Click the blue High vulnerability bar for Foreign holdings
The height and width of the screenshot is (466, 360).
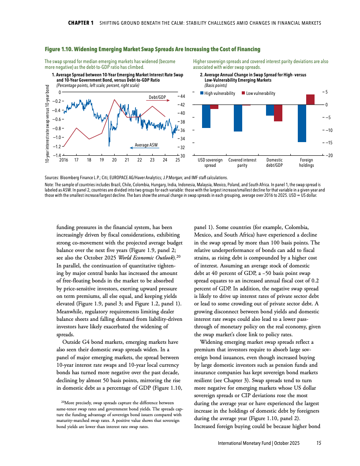302,123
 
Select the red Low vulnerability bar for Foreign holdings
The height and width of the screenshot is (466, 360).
310,100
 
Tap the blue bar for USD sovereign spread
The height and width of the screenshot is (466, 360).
206,116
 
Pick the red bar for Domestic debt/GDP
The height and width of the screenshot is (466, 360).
278,113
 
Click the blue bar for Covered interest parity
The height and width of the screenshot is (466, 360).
238,118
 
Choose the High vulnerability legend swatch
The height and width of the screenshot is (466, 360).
202,94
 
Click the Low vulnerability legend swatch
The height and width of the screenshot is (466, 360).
244,94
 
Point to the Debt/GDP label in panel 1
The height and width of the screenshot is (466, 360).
157,97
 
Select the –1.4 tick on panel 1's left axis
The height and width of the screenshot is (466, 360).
56,155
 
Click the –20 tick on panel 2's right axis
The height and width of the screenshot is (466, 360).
330,155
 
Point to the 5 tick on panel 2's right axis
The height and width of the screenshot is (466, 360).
327,92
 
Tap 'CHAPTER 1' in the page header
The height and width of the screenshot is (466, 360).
80,23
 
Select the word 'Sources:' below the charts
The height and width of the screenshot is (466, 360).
52,176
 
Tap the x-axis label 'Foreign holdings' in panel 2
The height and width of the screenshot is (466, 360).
306,163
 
